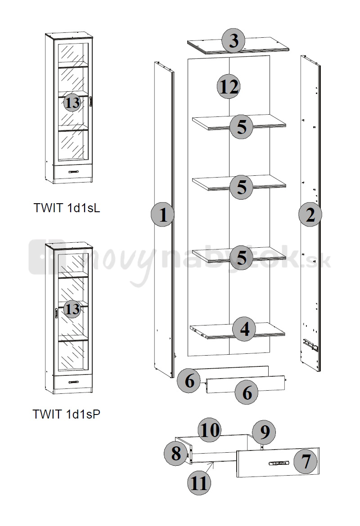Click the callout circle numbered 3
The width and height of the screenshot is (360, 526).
click(x=234, y=41)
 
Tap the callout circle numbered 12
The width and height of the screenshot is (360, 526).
click(x=228, y=87)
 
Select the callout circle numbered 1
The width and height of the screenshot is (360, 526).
click(x=162, y=215)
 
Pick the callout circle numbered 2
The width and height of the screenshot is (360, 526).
click(x=310, y=215)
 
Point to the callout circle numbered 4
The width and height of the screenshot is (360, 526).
click(x=245, y=330)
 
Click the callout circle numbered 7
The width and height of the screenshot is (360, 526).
click(x=306, y=462)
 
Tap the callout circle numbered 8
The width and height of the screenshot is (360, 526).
click(x=175, y=454)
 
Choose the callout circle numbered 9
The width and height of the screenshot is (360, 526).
click(x=264, y=432)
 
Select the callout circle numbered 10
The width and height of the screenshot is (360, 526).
click(x=210, y=430)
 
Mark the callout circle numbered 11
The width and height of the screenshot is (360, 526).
click(x=199, y=483)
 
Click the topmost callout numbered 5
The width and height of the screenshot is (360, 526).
click(x=242, y=127)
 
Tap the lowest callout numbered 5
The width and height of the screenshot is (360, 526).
click(x=242, y=258)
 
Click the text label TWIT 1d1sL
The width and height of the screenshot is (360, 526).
click(x=67, y=208)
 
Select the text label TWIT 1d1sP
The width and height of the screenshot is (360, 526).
click(x=67, y=415)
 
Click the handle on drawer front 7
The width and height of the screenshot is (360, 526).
click(x=279, y=464)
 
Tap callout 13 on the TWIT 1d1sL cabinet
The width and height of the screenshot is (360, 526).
click(x=72, y=103)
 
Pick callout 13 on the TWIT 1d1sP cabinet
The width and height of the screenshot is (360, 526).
click(x=72, y=309)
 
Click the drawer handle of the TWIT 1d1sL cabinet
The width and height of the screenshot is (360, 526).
click(x=73, y=172)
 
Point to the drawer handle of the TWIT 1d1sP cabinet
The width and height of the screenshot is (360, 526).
click(x=73, y=382)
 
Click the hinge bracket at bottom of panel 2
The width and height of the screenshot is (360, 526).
click(x=310, y=344)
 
